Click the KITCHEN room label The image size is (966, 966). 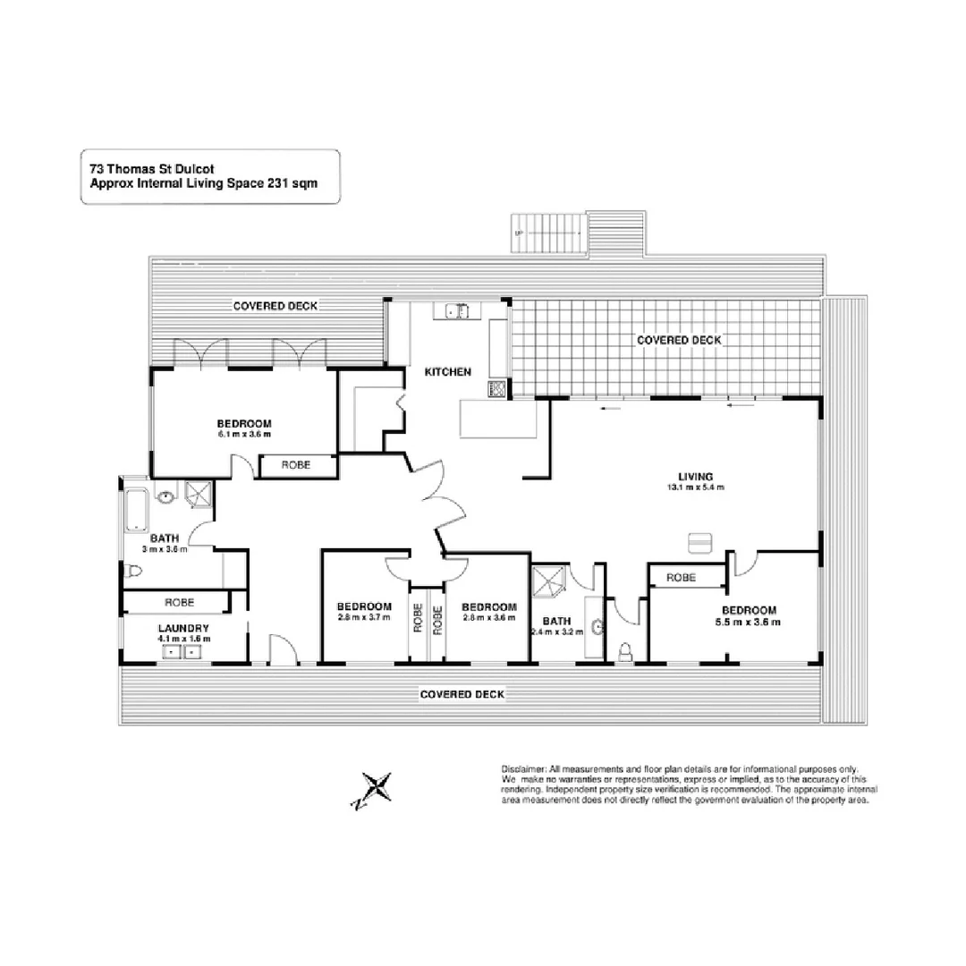(447, 372)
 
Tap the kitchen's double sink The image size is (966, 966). (457, 311)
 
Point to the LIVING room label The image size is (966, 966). (693, 476)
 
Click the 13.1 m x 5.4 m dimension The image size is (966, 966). (693, 487)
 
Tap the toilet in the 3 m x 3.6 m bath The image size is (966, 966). (134, 572)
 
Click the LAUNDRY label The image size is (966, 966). (183, 628)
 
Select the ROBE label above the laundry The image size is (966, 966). (179, 603)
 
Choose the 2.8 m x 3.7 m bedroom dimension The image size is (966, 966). (365, 617)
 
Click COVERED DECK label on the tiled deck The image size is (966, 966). (678, 340)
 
